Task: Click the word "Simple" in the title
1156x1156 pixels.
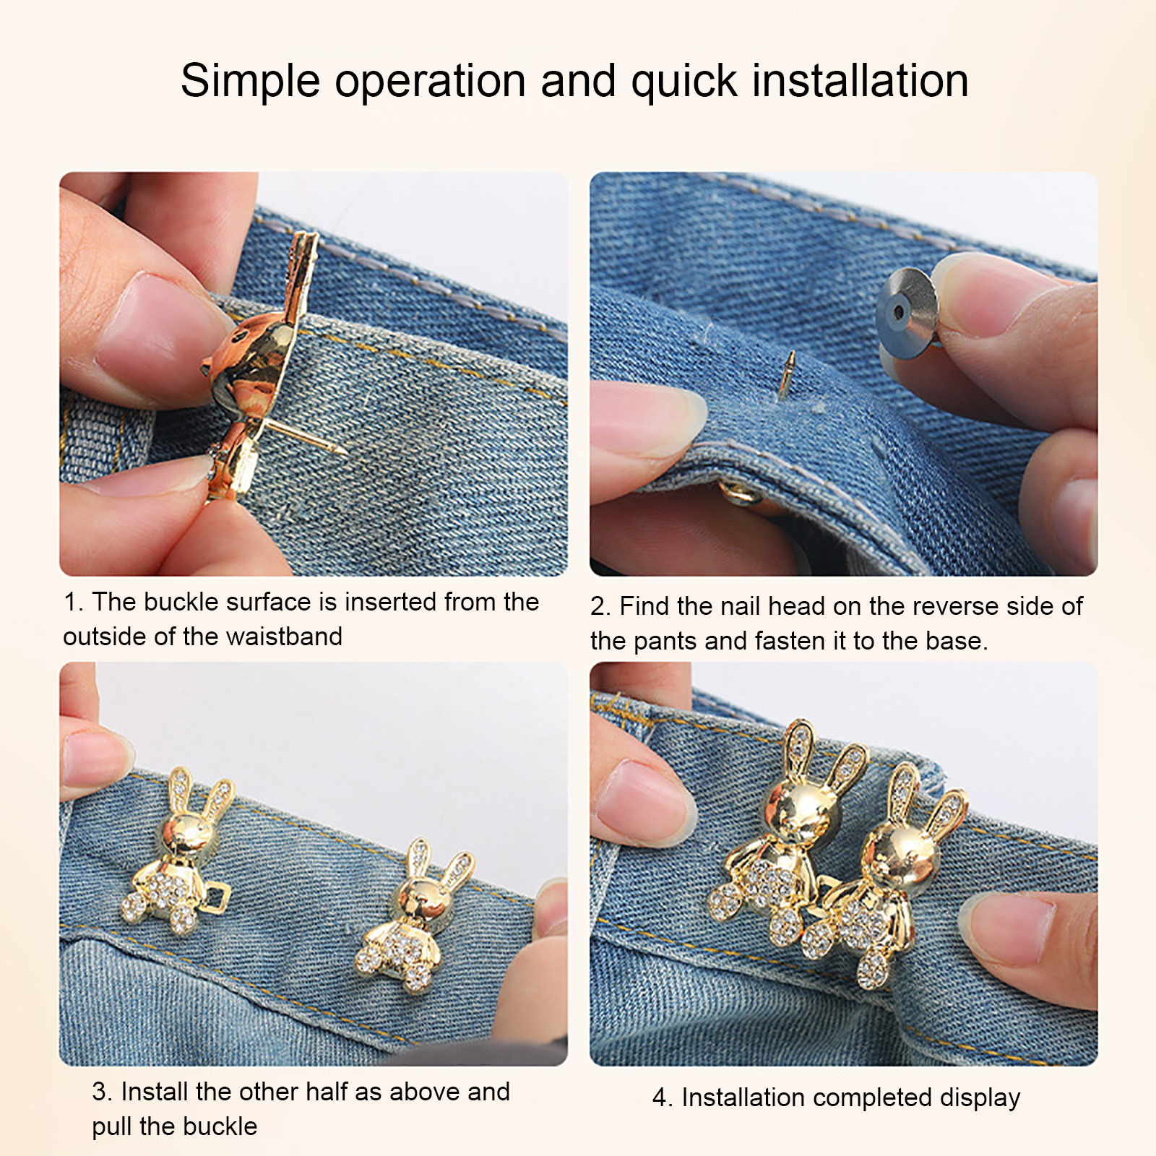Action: coord(251,80)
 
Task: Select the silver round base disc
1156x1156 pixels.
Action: coord(907,310)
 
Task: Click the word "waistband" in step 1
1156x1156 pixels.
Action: coord(284,637)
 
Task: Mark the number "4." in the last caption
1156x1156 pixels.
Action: coord(663,1098)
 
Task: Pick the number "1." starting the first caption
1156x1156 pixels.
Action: coord(74,602)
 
